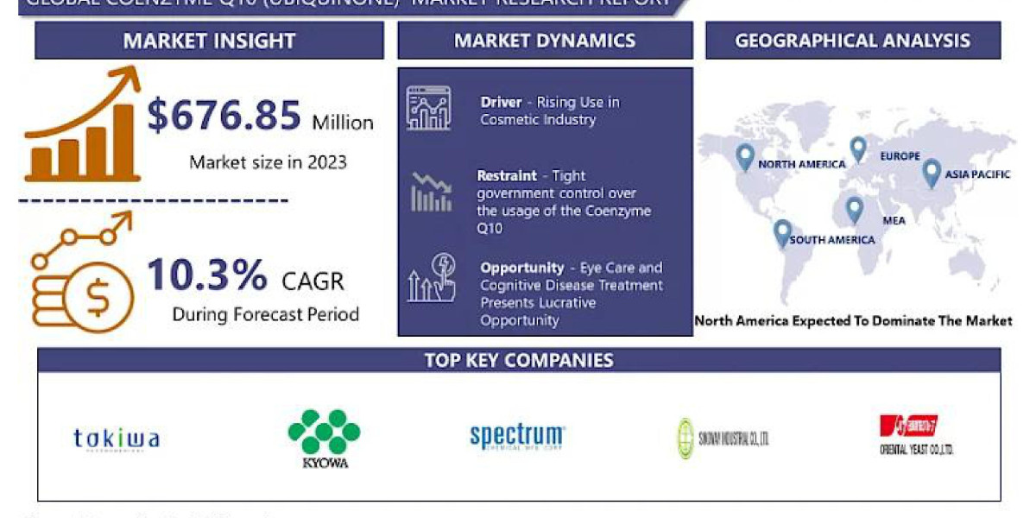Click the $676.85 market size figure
click(224, 117)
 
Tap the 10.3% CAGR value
click(207, 275)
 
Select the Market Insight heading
click(209, 41)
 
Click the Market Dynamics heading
click(545, 41)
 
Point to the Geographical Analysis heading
click(852, 41)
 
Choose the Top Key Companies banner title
click(519, 360)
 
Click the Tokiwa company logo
click(117, 439)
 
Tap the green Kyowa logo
click(324, 437)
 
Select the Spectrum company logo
click(517, 437)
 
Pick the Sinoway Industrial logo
click(722, 439)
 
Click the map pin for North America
click(745, 157)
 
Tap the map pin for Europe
click(858, 148)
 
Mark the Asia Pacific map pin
click(931, 173)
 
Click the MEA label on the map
click(894, 221)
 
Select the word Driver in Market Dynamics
click(501, 103)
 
